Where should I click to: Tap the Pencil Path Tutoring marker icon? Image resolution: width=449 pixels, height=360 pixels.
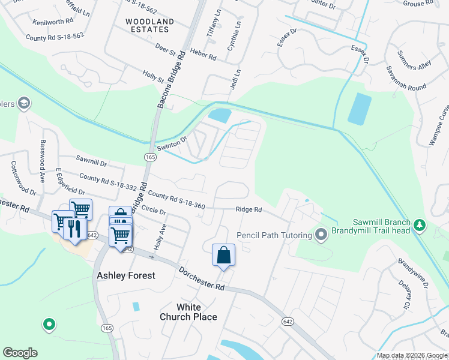click(321, 235)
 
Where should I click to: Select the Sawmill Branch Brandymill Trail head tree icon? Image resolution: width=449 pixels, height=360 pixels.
click(420, 226)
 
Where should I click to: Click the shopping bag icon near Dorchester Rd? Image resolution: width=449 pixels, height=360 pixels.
click(223, 254)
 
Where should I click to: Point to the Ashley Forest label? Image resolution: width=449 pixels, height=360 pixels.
click(126, 275)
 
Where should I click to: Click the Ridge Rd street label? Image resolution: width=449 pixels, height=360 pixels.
click(249, 209)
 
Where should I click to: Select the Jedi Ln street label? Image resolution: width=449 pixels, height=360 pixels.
click(235, 80)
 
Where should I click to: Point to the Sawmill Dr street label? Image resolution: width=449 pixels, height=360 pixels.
click(91, 163)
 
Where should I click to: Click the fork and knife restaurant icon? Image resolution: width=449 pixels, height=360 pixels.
click(75, 229)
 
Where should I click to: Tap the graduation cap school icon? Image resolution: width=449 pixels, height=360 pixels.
click(24, 104)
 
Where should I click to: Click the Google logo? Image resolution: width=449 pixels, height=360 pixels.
click(20, 353)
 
